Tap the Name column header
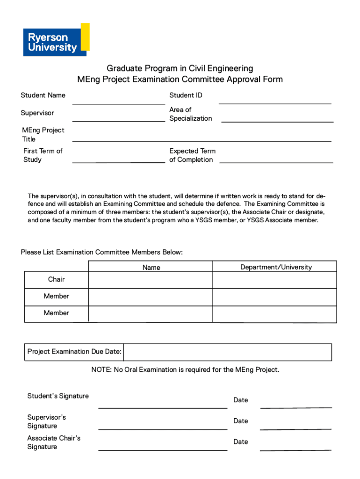coord(151,268)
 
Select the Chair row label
coord(56,280)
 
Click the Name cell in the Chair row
coord(151,280)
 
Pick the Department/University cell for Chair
coord(274,280)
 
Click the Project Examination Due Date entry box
coord(227,352)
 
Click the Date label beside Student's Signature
coord(241,400)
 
